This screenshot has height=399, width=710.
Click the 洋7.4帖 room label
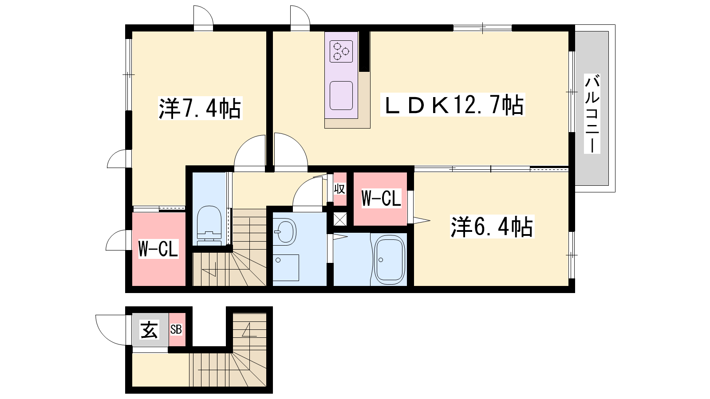200,108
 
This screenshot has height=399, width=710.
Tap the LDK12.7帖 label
453,105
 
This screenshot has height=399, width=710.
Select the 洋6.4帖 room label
492,227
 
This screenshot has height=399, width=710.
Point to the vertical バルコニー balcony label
592,113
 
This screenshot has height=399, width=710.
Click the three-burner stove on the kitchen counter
341,51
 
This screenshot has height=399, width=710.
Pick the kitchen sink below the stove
341,96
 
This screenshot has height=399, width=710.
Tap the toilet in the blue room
209,226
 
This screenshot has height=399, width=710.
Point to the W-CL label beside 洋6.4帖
381,198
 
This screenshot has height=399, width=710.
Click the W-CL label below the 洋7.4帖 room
158,249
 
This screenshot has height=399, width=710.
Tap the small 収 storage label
339,189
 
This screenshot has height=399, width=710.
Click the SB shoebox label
176,330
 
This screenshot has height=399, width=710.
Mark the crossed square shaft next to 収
340,219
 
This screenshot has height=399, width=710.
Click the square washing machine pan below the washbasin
286,268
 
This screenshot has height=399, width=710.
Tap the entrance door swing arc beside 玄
105,336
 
